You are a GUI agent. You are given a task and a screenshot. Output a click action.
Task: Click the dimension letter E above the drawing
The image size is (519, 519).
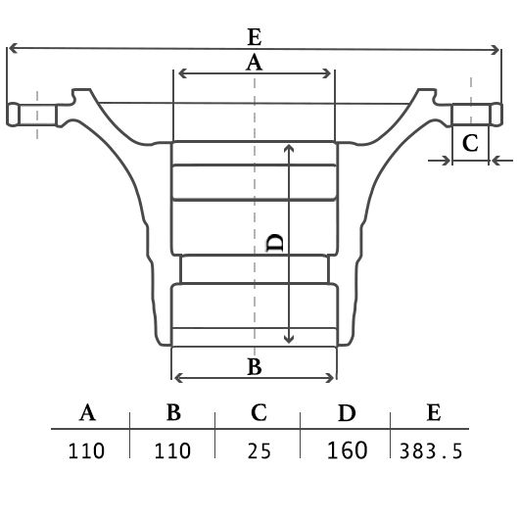[255, 37]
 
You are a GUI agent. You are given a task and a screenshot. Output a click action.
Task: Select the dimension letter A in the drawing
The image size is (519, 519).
[255, 63]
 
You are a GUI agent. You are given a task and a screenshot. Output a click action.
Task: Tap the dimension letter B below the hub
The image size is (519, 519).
[255, 366]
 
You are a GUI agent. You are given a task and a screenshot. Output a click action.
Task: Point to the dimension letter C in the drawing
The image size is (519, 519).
[470, 143]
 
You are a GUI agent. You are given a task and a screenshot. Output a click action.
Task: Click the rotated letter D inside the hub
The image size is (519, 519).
[274, 243]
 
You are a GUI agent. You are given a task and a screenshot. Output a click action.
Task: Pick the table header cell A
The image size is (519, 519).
[87, 412]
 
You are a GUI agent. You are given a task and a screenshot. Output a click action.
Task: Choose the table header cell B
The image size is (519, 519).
[173, 412]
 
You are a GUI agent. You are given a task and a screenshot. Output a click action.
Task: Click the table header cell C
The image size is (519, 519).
[259, 412]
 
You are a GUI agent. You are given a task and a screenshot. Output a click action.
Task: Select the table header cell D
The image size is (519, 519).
[347, 412]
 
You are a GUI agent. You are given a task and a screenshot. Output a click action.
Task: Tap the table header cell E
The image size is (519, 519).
[434, 412]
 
